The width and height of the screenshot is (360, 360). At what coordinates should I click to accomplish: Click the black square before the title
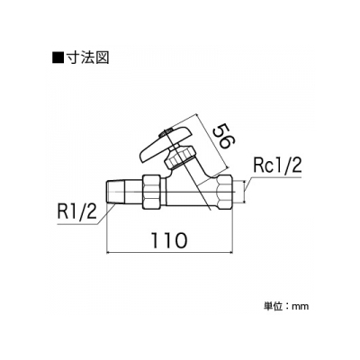pos(58,58)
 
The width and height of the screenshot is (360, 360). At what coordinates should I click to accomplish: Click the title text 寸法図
pos(87,58)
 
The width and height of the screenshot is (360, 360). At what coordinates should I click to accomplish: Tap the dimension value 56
pos(222,136)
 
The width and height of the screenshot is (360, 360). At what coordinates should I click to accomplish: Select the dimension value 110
pos(169,240)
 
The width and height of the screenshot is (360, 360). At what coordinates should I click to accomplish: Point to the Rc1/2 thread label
pos(277,166)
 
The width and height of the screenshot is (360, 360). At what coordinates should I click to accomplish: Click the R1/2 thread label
pos(76,212)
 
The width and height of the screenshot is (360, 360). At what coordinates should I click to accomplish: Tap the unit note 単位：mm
pos(286,306)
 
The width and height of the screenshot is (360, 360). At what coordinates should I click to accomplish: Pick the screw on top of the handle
pos(166,132)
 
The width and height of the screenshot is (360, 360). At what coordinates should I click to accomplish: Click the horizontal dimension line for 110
pos(170,252)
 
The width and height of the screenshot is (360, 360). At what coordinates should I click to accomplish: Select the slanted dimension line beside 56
pos(211,140)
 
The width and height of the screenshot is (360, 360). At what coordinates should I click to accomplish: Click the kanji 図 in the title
pos(102,58)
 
